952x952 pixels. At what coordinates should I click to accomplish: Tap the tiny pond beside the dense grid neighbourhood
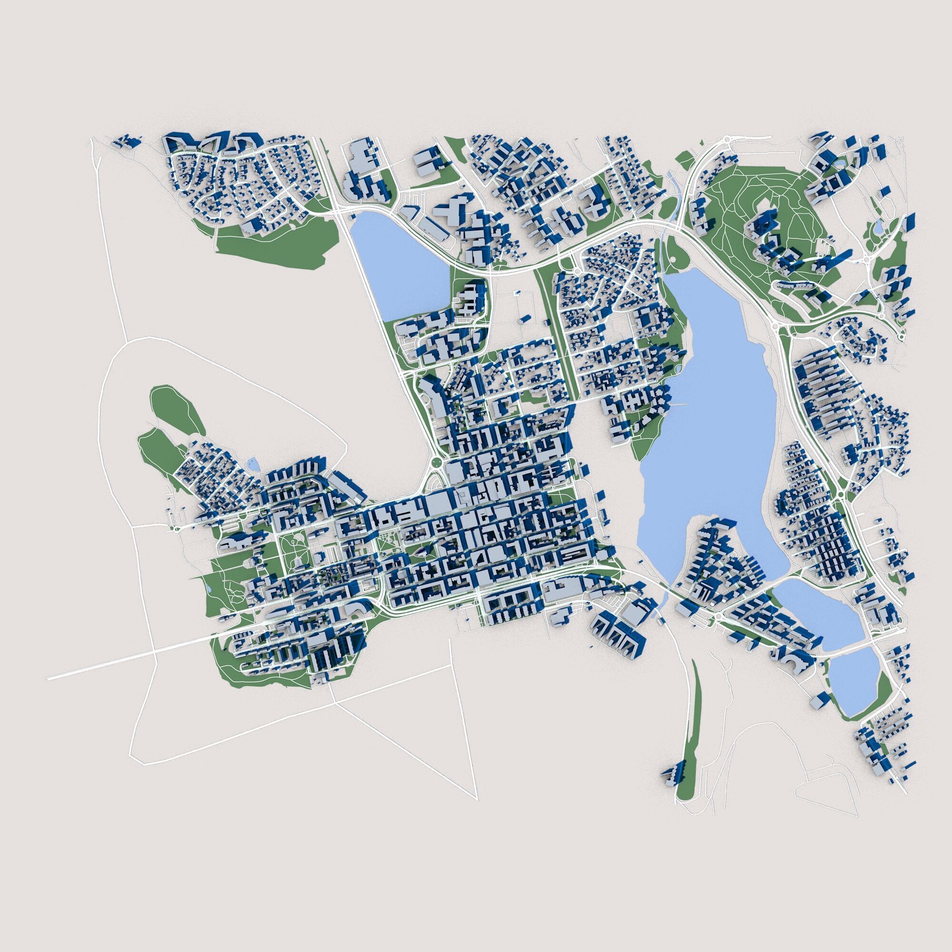(253, 463)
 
